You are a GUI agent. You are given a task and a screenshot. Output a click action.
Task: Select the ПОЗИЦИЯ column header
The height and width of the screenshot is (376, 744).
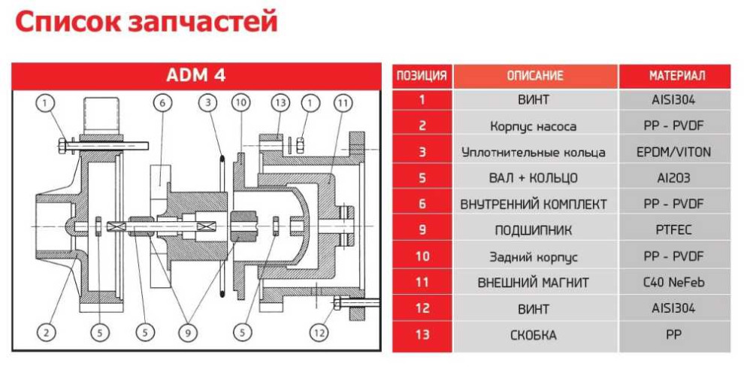point(422,76)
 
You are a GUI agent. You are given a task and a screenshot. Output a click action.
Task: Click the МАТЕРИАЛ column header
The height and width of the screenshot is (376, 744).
point(674,76)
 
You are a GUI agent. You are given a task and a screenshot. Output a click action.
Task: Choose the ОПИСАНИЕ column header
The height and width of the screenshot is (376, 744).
point(534,76)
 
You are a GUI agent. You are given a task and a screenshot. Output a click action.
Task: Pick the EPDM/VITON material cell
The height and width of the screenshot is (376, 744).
point(674,152)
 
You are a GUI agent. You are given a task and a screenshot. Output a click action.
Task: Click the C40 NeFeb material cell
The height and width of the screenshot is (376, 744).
point(674,282)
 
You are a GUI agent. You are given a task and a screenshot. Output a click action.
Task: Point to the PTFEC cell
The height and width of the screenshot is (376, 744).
point(674,230)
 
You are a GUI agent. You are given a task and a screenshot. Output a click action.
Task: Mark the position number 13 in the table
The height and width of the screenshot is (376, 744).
point(422,335)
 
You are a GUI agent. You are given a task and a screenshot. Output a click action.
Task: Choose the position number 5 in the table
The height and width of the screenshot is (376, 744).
point(422,178)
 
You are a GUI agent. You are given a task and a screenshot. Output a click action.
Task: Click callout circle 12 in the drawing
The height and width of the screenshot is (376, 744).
point(319,331)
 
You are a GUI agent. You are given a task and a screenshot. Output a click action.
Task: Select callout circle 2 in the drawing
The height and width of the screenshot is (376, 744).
point(46,331)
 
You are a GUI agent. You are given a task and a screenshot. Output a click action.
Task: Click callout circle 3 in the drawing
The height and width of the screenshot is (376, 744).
point(208,102)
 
